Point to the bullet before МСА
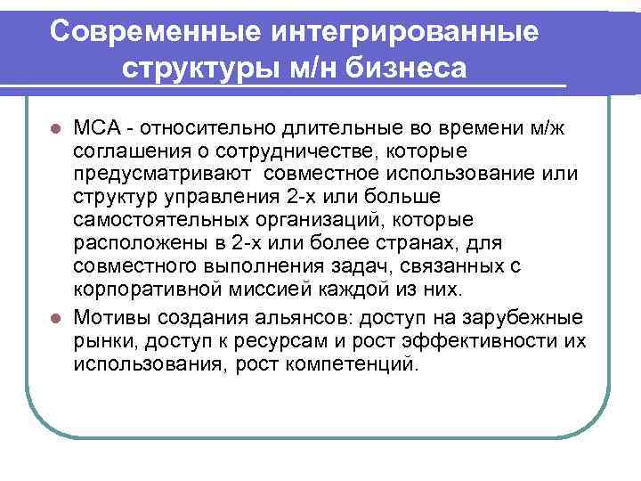(x=56, y=127)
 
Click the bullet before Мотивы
(x=56, y=318)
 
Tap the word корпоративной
(x=150, y=289)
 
